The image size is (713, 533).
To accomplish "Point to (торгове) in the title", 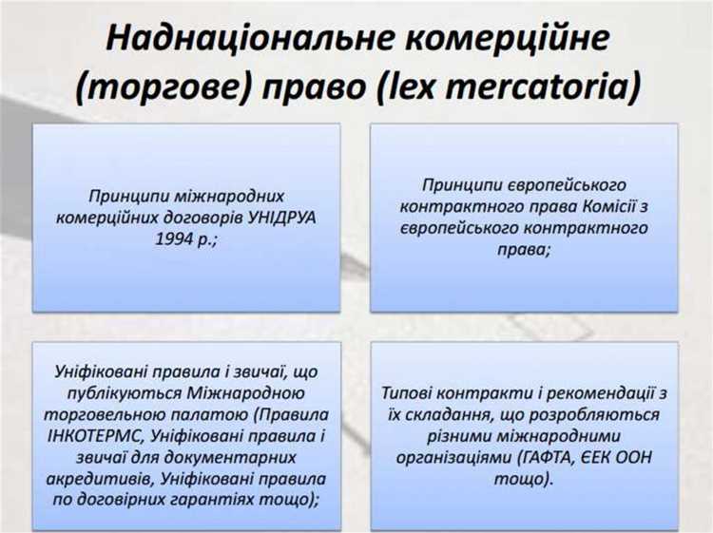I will click(x=159, y=87).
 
